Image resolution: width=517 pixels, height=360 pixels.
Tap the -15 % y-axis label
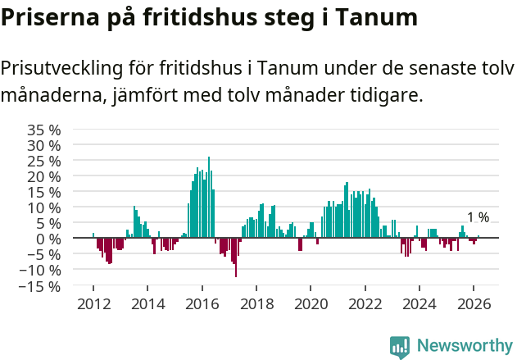[41, 286]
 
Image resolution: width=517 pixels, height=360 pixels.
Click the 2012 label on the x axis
[93, 303]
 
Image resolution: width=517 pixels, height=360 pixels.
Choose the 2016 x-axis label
[202, 303]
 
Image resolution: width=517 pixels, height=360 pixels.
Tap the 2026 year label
[474, 303]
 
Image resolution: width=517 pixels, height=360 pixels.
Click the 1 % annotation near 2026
[478, 217]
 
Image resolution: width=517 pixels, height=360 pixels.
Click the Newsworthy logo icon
[400, 347]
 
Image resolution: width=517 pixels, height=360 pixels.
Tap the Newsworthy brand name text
[464, 346]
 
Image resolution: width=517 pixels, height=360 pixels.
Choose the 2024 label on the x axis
[420, 303]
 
